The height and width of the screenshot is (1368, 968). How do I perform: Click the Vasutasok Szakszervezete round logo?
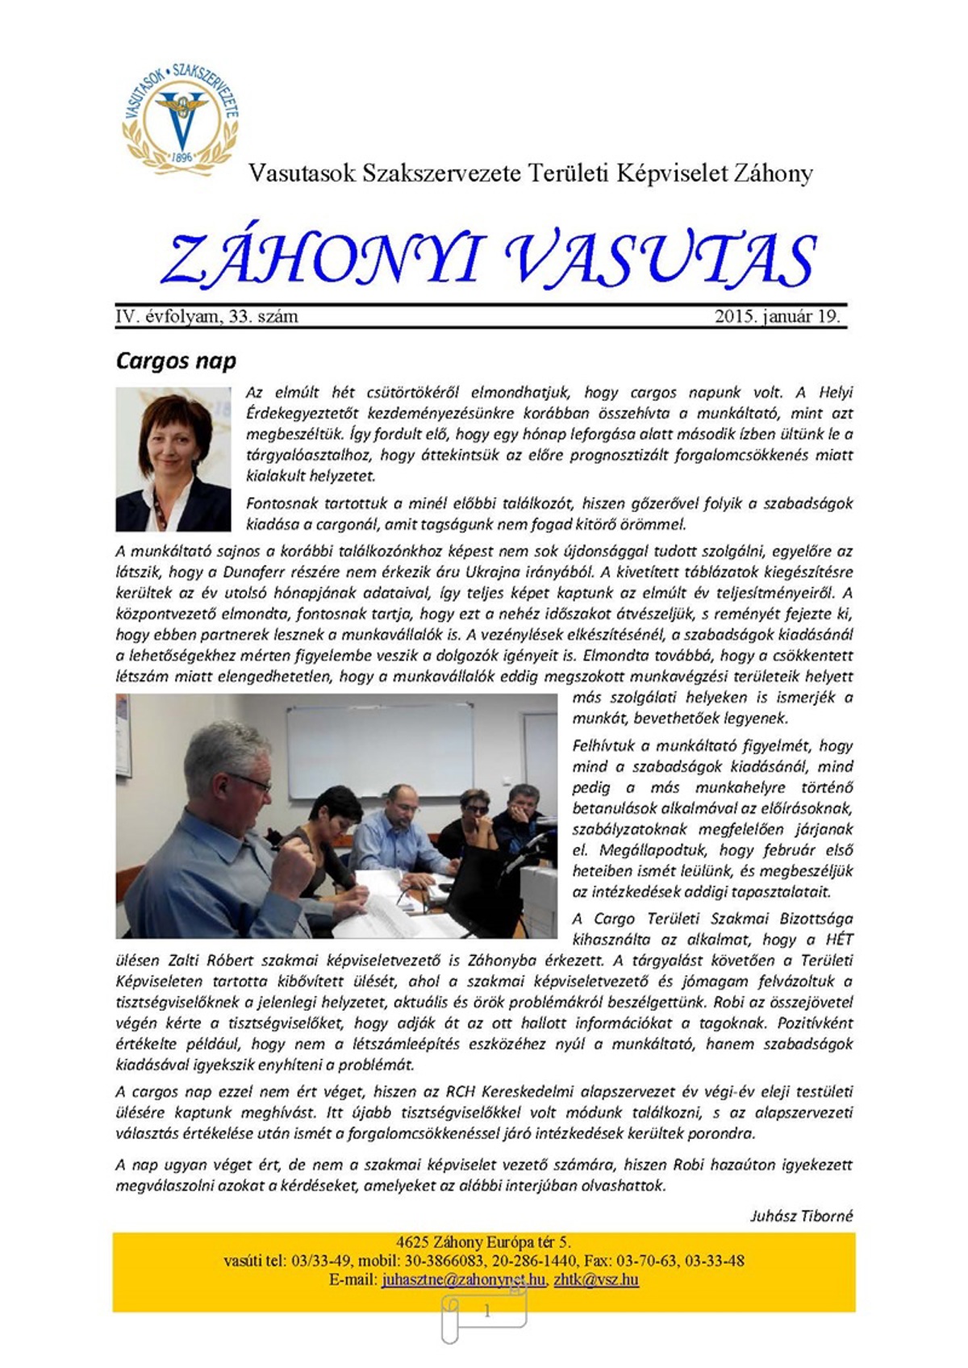click(x=181, y=115)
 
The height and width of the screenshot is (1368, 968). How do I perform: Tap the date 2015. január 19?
click(x=777, y=316)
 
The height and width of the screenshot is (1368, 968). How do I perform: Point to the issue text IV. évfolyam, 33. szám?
click(x=207, y=316)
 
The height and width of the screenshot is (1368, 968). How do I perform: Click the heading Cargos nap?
click(x=176, y=360)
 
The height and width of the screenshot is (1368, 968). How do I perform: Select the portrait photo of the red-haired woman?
click(x=173, y=459)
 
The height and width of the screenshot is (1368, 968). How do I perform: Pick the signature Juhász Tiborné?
click(x=801, y=1216)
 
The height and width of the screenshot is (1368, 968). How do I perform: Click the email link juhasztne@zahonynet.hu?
click(x=464, y=1279)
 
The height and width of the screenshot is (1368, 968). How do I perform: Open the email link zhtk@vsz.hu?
click(x=596, y=1279)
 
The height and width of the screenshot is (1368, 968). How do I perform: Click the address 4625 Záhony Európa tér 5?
click(x=483, y=1242)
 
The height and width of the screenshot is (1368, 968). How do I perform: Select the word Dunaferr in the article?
click(x=257, y=572)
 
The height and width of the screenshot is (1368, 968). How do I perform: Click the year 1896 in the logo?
click(x=182, y=157)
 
